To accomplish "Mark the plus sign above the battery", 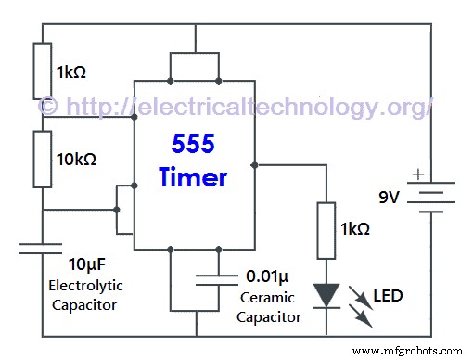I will point(418,174).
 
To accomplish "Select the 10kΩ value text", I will point(77,159).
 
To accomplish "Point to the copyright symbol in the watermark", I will point(49,106).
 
